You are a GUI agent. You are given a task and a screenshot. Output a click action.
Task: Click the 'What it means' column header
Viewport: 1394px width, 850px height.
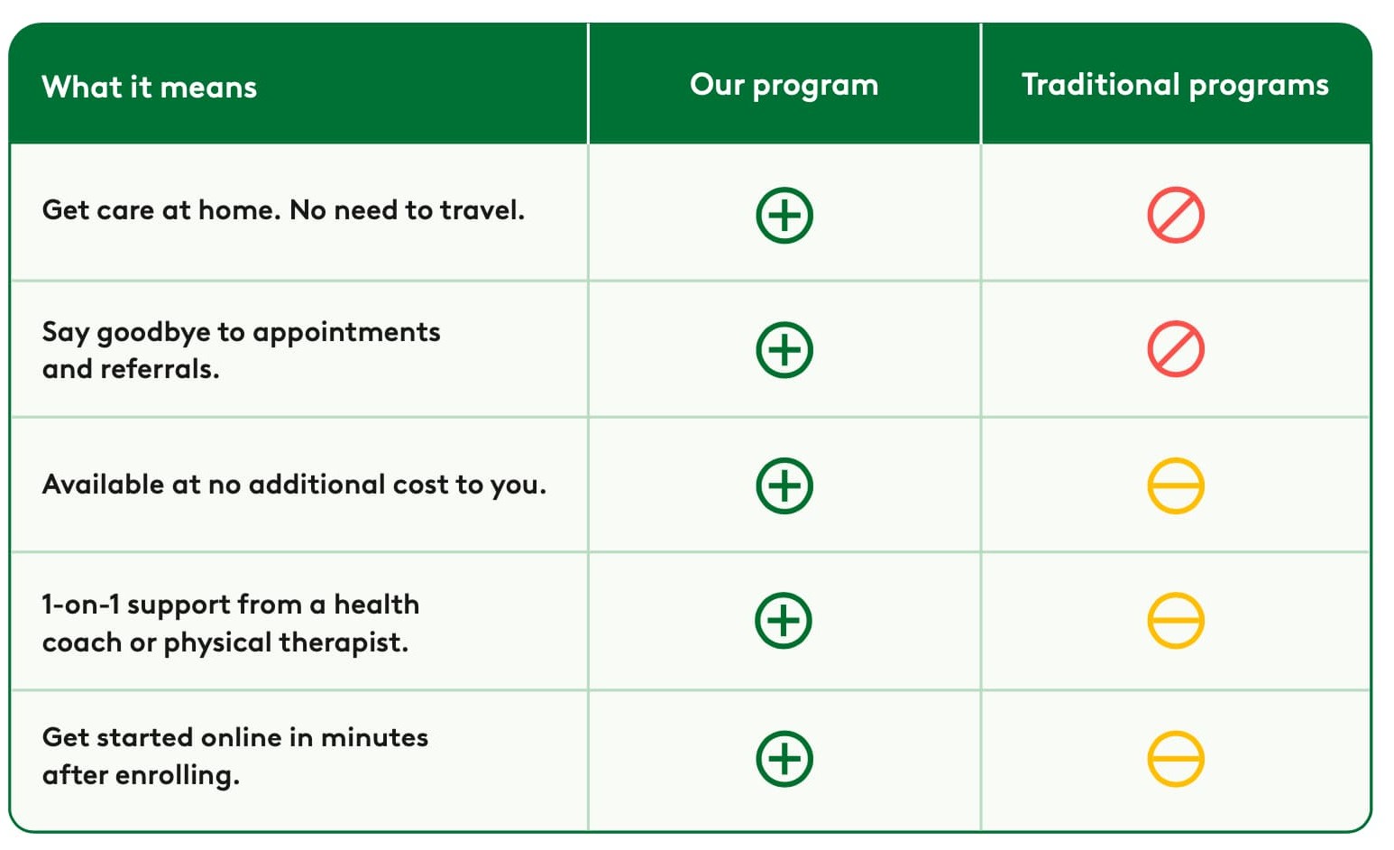click(x=150, y=88)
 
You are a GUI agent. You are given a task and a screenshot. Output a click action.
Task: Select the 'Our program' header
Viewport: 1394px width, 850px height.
click(x=784, y=85)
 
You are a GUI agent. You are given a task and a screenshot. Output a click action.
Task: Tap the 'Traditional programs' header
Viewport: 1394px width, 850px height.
click(x=1175, y=85)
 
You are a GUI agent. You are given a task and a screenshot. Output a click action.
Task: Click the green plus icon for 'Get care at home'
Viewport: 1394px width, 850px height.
click(x=784, y=216)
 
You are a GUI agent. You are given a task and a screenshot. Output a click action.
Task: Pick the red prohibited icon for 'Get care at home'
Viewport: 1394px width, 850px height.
click(x=1176, y=216)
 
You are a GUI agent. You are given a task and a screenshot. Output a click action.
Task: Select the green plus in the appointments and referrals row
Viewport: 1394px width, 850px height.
click(x=784, y=350)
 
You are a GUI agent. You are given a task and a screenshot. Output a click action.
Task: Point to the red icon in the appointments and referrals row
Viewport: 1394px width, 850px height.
click(x=1176, y=349)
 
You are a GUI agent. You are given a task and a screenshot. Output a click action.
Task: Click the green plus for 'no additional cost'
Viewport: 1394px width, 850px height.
click(x=784, y=485)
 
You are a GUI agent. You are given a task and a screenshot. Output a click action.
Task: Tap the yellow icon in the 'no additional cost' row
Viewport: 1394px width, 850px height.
click(x=1176, y=485)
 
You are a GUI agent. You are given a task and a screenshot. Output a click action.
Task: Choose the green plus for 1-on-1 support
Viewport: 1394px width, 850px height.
click(x=784, y=621)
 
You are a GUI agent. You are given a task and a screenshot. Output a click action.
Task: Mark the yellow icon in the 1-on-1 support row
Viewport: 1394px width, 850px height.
click(x=1176, y=621)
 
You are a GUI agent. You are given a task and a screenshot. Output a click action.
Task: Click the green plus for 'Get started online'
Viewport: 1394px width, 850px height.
click(x=784, y=759)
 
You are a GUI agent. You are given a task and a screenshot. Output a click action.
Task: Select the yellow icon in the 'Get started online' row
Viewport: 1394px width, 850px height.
click(x=1176, y=759)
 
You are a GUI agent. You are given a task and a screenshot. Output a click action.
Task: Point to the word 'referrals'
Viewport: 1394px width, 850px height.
click(x=159, y=369)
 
